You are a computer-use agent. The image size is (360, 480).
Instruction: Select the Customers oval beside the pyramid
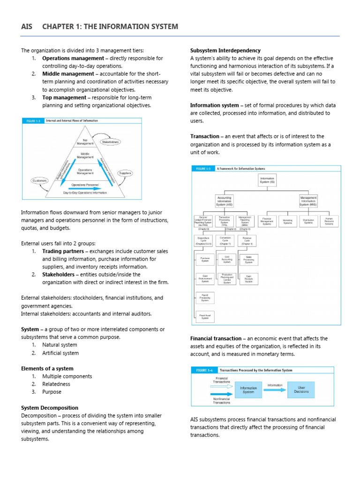tap(39, 180)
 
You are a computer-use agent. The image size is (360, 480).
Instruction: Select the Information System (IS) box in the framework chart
tap(267, 180)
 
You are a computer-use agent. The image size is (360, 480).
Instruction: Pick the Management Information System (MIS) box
tap(308, 201)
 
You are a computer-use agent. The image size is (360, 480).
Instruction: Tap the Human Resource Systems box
tap(329, 221)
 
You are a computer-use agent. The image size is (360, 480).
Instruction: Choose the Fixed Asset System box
tap(205, 316)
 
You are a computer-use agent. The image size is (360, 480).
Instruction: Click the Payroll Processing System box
tap(205, 297)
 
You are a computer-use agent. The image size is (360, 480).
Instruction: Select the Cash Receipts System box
tap(248, 279)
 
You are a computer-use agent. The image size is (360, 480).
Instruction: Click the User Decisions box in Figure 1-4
tap(301, 389)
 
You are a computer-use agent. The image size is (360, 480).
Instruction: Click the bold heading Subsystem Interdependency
tap(225, 50)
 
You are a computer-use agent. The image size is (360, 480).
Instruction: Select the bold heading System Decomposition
tap(50, 408)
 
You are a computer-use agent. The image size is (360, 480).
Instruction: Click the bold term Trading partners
tap(64, 251)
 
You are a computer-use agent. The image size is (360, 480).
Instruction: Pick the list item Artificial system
tap(60, 353)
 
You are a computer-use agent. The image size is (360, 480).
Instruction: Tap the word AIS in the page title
tap(27, 26)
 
